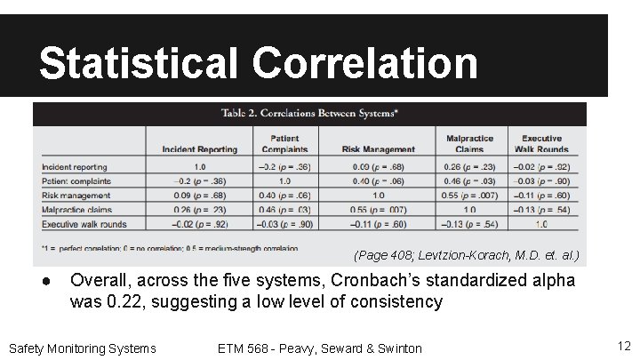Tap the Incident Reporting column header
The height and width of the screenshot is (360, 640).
200,149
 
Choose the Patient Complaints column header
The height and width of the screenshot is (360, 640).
279,144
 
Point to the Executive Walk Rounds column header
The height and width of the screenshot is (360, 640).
541,144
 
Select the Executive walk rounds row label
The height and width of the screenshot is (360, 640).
84,224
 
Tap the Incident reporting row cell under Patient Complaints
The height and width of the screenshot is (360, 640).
279,166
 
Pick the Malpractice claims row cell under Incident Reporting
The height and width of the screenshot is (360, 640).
200,210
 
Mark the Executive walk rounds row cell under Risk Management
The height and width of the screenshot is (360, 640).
379,224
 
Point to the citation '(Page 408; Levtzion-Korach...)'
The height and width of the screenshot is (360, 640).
466,256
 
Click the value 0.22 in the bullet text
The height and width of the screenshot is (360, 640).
123,301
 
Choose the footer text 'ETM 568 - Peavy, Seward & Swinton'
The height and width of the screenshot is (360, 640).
319,348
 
